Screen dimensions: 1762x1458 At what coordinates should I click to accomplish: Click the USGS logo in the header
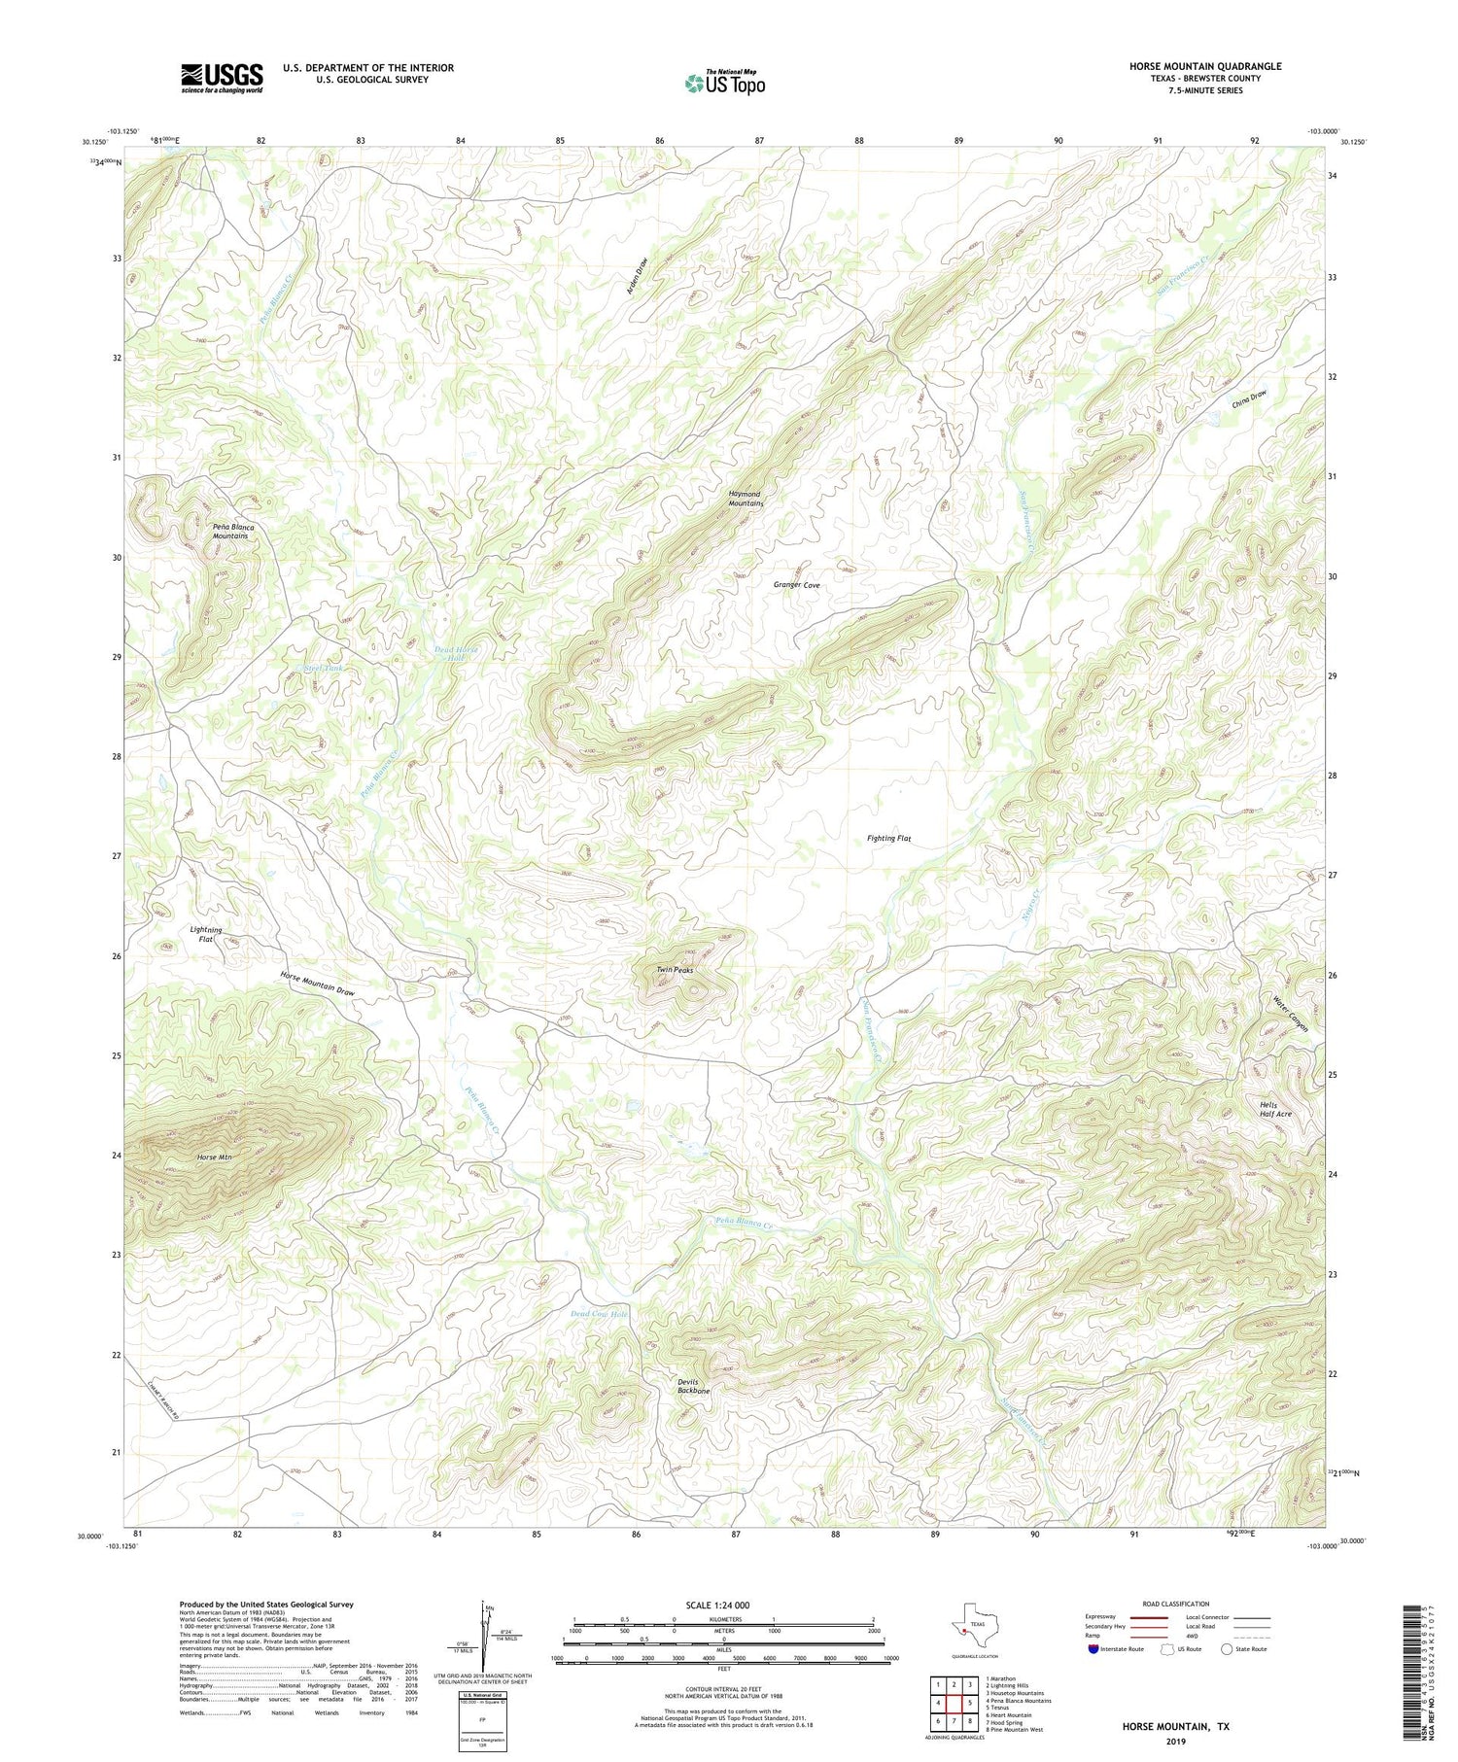click(222, 78)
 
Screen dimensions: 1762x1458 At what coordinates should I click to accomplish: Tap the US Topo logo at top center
click(724, 83)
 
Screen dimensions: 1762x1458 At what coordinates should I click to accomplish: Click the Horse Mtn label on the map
click(214, 1157)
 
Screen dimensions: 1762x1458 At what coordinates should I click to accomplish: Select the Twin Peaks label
click(675, 970)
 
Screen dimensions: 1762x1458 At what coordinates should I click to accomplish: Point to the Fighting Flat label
click(888, 838)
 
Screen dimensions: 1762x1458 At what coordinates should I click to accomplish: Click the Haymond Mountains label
click(746, 500)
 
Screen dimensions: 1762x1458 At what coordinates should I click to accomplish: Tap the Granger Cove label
click(797, 585)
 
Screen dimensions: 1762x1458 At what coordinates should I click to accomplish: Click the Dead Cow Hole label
click(600, 1314)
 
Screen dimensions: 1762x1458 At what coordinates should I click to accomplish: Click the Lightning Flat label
click(206, 934)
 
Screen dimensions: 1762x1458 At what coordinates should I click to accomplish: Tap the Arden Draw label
click(637, 278)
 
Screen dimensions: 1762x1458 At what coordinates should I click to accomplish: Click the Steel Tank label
click(324, 669)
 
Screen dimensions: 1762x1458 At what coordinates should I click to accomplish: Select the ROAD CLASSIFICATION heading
click(1176, 1604)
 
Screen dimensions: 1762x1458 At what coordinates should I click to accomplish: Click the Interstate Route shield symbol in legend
click(1093, 1649)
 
